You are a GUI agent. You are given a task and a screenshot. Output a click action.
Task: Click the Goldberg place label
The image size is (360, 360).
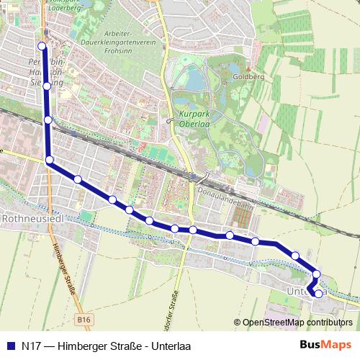point(250,75)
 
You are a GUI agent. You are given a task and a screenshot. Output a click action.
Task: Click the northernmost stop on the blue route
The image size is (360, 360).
point(42,47)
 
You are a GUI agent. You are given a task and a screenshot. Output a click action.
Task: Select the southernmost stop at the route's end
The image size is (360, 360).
point(318,293)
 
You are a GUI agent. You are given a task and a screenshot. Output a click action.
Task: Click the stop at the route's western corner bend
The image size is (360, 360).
point(50,160)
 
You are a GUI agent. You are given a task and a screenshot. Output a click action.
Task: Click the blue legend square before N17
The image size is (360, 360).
point(10,346)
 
